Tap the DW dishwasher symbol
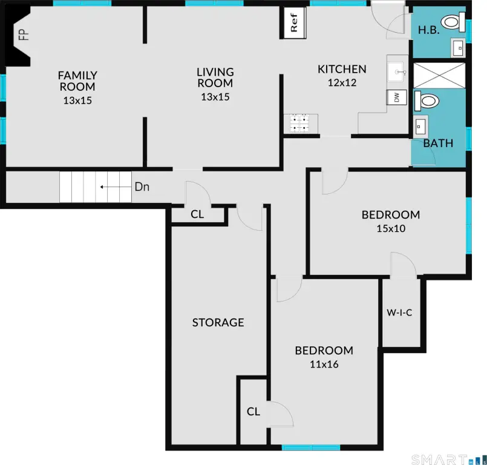click(x=397, y=97)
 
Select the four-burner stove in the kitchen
click(x=299, y=123)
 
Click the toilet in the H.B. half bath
click(x=454, y=22)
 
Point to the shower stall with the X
click(x=439, y=76)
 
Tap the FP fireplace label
click(x=24, y=35)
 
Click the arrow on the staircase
click(x=116, y=187)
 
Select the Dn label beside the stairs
click(x=142, y=187)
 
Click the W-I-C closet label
click(x=399, y=312)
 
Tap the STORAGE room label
click(x=218, y=322)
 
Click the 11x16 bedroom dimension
click(x=324, y=364)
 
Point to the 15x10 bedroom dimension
click(x=391, y=228)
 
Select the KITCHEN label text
click(x=342, y=69)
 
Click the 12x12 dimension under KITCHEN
click(x=342, y=83)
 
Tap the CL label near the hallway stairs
click(x=197, y=214)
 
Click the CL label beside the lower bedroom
click(x=253, y=412)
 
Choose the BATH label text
click(x=438, y=143)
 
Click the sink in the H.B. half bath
click(x=459, y=48)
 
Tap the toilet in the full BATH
click(x=427, y=101)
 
